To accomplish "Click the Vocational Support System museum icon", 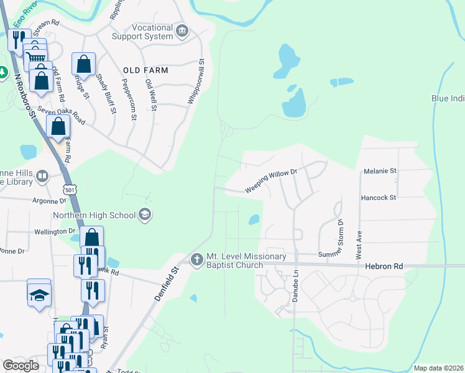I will point(182,30).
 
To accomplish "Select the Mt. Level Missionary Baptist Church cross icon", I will point(196,259).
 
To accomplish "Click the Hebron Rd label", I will point(384,266).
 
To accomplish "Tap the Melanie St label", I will point(379,170).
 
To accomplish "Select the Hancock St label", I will point(379,198).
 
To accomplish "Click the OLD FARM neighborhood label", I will point(145,70).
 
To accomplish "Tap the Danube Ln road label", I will point(296,286).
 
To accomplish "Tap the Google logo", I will point(21,366).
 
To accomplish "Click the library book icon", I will point(42,177).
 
